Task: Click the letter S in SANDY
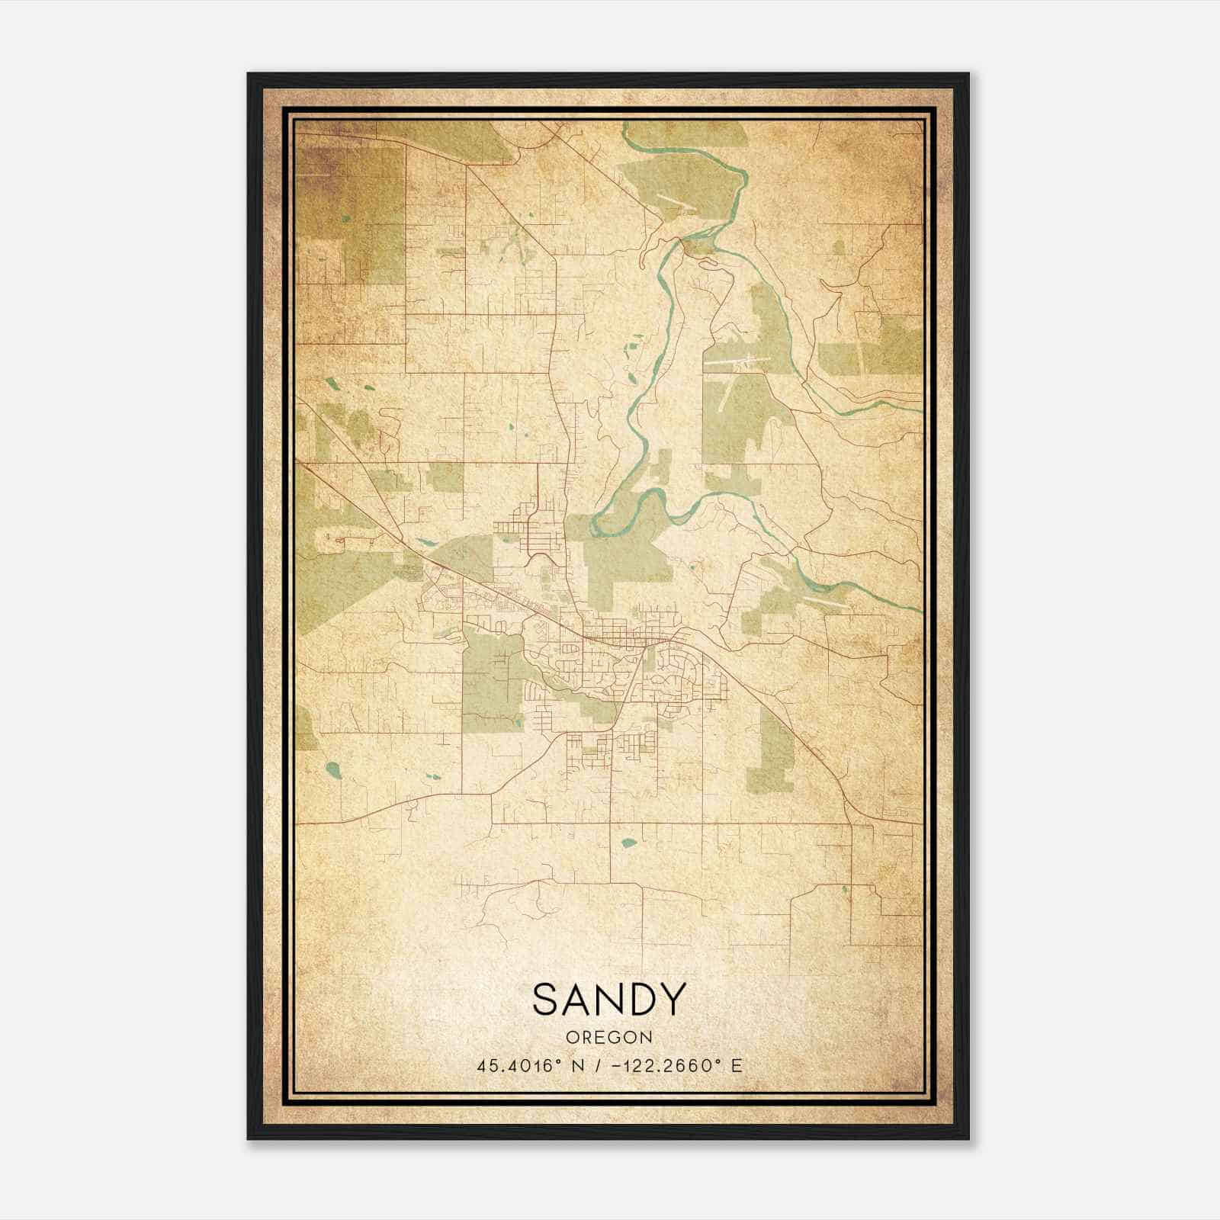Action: (x=547, y=999)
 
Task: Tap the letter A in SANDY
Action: (x=578, y=999)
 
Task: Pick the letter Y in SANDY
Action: (x=673, y=999)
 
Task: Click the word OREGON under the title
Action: (x=609, y=1038)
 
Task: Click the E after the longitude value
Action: (x=737, y=1066)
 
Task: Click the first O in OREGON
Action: (x=571, y=1038)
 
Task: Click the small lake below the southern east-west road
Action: (x=629, y=843)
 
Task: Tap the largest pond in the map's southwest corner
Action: (x=332, y=768)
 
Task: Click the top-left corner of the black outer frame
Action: (x=248, y=74)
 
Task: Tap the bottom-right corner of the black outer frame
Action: (x=968, y=1138)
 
